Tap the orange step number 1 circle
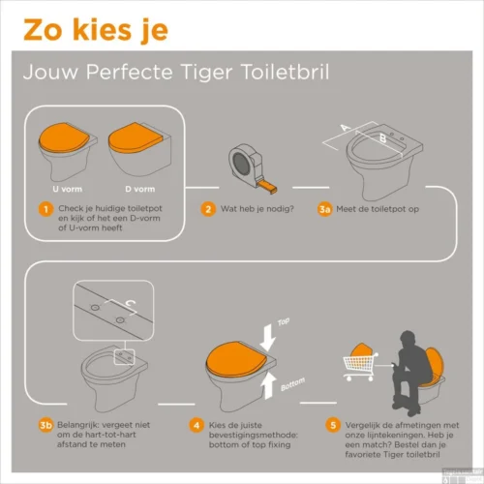coord(45,208)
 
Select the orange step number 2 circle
coord(208,208)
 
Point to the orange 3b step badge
coord(45,423)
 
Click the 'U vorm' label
coord(65,188)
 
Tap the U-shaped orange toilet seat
coord(65,142)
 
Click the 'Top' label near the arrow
coord(284,320)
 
